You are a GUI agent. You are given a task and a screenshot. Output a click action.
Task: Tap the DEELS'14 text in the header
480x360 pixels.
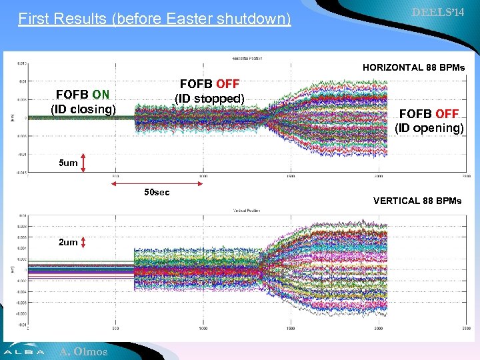coord(438,13)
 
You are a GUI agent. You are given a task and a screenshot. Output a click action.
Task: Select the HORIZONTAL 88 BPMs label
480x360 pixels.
coord(413,67)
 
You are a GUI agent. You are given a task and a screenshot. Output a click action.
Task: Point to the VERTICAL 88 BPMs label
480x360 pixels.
coord(417,200)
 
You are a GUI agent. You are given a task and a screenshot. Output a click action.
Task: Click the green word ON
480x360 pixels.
coord(101,95)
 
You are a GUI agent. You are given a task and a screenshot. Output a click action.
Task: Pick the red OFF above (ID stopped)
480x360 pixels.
coord(227,85)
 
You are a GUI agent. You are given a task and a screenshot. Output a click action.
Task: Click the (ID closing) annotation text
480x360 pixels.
coord(83,109)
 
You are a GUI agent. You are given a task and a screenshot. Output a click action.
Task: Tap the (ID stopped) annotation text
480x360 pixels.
coord(209,99)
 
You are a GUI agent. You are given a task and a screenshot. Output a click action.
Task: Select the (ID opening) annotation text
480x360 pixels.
coord(429,127)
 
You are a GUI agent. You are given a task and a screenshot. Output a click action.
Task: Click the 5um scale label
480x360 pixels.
coord(68,163)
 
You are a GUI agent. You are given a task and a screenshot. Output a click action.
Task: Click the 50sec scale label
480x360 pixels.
coord(157,193)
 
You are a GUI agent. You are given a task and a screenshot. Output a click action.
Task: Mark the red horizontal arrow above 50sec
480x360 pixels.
coord(158,182)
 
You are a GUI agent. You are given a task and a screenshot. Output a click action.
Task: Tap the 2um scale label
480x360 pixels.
coord(68,242)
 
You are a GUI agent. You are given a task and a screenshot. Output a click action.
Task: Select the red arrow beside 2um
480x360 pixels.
coord(83,242)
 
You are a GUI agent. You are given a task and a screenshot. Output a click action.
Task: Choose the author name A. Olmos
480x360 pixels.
coord(83,351)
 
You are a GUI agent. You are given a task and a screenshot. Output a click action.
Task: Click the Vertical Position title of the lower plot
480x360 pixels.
coord(246,211)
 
